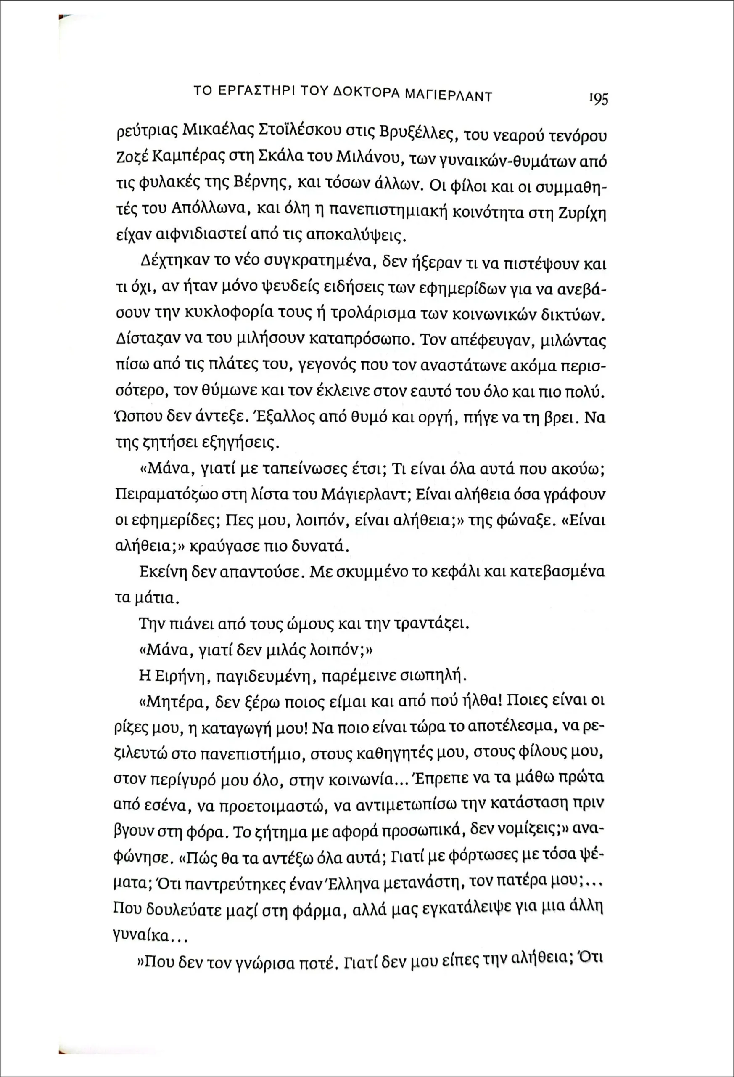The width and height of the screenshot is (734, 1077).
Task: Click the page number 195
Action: [598, 99]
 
